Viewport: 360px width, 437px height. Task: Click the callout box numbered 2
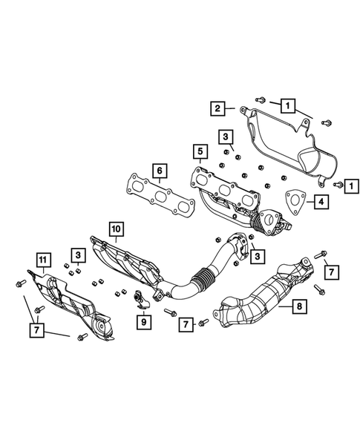(218, 110)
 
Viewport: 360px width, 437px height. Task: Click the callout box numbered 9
(145, 321)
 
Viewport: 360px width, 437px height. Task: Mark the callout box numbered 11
(44, 259)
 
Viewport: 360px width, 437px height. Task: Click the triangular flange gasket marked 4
(295, 200)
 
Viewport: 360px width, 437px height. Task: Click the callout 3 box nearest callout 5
(225, 136)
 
